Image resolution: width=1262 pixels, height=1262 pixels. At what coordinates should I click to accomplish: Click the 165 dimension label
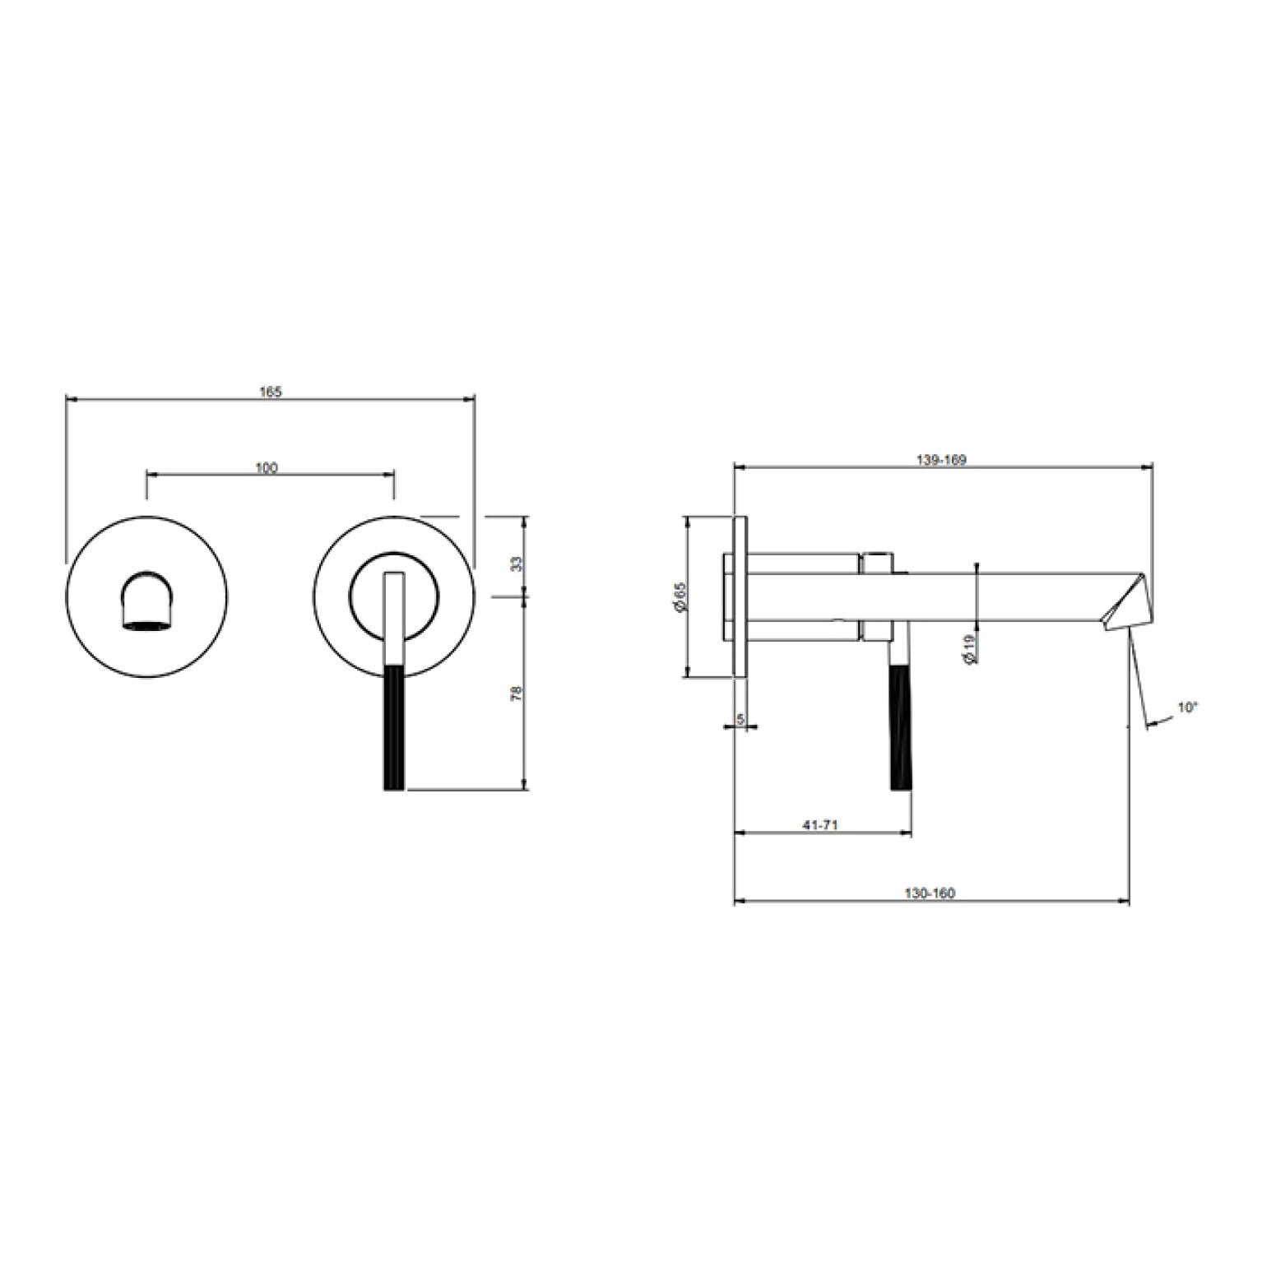point(270,392)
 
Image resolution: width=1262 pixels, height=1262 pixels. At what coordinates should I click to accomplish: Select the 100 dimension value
point(267,468)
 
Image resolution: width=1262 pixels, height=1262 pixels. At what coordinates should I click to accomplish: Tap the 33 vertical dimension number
point(517,564)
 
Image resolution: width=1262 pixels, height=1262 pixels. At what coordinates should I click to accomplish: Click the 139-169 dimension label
point(940,460)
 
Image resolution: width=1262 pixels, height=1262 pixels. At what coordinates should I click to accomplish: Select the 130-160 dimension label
point(930,893)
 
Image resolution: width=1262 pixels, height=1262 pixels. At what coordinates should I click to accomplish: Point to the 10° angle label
point(1188,707)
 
